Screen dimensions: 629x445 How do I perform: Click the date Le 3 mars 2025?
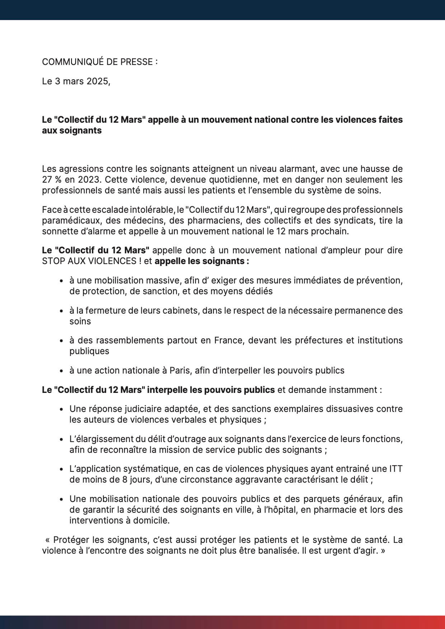pyautogui.click(x=76, y=81)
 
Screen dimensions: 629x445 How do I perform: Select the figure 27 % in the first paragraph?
pyautogui.click(x=50, y=179)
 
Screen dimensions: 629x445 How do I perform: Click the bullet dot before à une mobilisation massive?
pyautogui.click(x=62, y=281)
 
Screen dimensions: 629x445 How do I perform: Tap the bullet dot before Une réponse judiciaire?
pyautogui.click(x=62, y=409)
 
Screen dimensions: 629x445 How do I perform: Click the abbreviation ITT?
pyautogui.click(x=395, y=469)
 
